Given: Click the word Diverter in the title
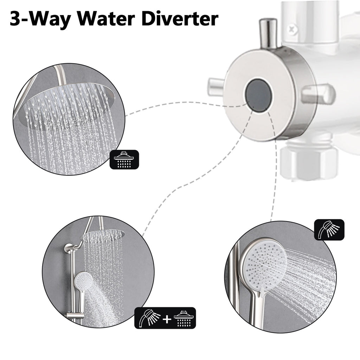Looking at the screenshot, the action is (x=180, y=19).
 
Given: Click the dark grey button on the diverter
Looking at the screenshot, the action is (x=259, y=96).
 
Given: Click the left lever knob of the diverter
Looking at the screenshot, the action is (x=216, y=87).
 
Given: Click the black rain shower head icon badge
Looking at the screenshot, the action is (x=124, y=159).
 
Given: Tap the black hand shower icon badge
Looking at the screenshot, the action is (x=329, y=230).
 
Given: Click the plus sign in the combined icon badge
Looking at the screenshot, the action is (x=167, y=319).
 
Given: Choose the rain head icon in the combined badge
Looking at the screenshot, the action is (x=184, y=319).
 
